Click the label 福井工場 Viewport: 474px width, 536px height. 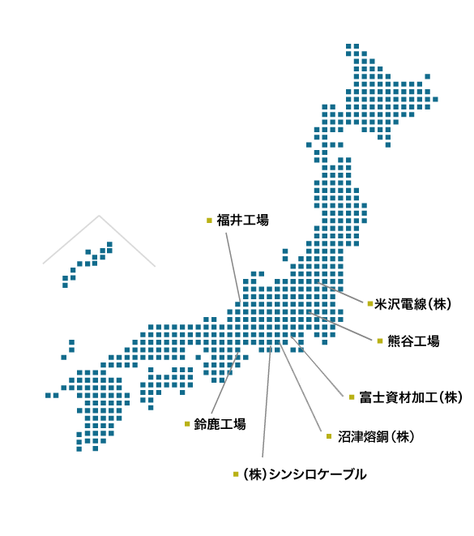tap(242, 220)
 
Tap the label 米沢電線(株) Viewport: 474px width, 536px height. tap(413, 304)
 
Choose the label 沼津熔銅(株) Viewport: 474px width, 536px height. tap(376, 436)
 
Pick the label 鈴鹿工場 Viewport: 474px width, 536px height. tap(220, 423)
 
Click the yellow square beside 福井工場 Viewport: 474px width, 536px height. tap(209, 220)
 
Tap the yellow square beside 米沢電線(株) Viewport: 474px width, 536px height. tap(369, 304)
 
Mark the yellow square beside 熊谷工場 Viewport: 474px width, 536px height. tap(379, 341)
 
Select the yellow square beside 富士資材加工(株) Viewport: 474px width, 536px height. tap(352, 397)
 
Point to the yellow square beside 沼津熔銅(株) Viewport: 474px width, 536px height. tap(329, 436)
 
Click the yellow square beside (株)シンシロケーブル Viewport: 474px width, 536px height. tap(236, 474)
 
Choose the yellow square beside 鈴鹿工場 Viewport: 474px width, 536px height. tap(187, 423)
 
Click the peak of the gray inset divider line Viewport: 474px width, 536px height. tap(99, 216)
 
